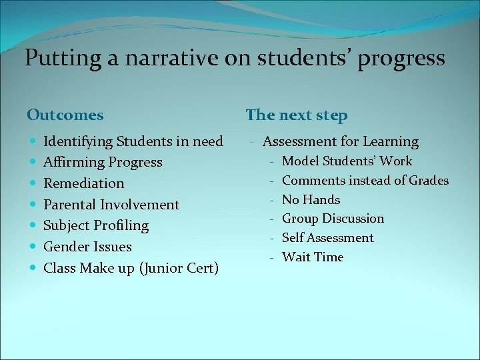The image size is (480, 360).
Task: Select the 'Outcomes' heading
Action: click(65, 115)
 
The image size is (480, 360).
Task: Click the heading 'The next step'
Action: click(297, 115)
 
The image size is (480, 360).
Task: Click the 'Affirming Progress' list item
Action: click(103, 162)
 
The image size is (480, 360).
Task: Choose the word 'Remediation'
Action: click(83, 183)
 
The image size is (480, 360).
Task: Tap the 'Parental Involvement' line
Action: click(111, 205)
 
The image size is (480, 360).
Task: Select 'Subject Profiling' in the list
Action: click(96, 225)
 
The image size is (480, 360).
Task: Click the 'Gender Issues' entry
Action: click(87, 247)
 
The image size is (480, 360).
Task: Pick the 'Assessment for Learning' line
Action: click(340, 141)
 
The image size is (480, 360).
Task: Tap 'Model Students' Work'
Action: click(347, 161)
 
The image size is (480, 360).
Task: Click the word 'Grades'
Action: click(429, 180)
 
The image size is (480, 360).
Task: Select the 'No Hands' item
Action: click(311, 199)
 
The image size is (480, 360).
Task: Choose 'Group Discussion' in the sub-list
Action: click(333, 219)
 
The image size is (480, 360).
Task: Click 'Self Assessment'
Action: click(327, 238)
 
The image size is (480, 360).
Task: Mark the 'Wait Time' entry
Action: click(312, 257)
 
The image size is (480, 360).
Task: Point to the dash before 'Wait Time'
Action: click(272, 257)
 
